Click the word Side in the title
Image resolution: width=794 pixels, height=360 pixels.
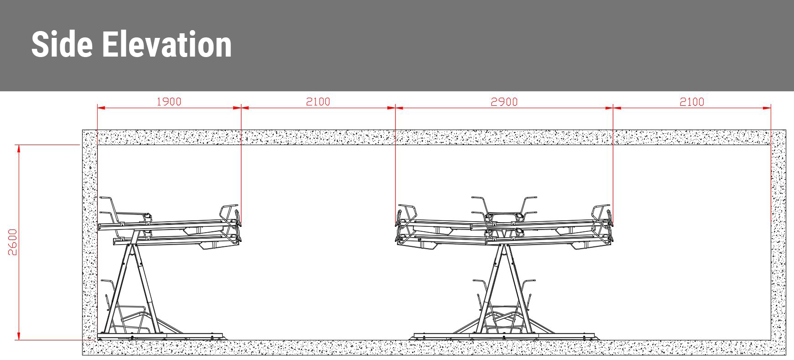click(x=62, y=44)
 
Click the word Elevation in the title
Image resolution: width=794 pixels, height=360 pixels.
click(x=167, y=44)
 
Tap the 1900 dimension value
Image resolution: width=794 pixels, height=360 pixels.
click(x=169, y=101)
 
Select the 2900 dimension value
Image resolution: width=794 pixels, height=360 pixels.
click(x=504, y=102)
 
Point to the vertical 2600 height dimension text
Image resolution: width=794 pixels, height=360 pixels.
click(x=12, y=242)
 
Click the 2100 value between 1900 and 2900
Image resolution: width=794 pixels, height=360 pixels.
click(x=318, y=101)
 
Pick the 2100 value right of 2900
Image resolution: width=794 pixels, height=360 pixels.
click(x=692, y=102)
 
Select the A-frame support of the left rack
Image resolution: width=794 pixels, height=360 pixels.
click(x=132, y=287)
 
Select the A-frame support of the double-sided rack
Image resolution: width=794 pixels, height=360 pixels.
click(x=504, y=287)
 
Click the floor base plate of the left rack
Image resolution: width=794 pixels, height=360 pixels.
click(x=160, y=337)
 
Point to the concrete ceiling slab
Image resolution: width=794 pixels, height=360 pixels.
click(x=434, y=137)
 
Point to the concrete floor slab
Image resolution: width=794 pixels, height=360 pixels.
click(x=434, y=348)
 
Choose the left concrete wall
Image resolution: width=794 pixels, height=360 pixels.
click(x=89, y=242)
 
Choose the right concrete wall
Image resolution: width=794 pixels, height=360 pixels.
click(x=778, y=242)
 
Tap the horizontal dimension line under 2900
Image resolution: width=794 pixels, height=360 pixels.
click(x=456, y=108)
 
